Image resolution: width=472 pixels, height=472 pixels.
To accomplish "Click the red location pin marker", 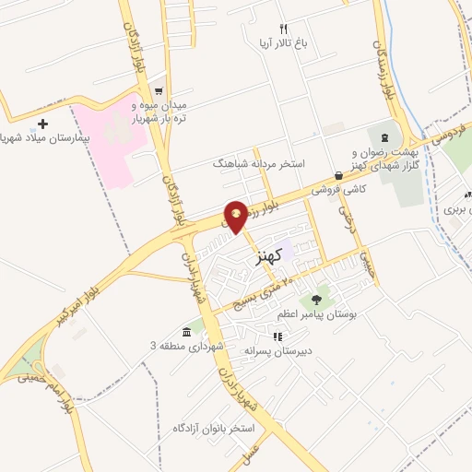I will [x=237, y=216].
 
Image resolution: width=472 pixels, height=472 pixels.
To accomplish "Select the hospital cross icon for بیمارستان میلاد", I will [x=43, y=123].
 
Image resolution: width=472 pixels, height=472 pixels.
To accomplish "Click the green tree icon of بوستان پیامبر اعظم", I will [x=317, y=299].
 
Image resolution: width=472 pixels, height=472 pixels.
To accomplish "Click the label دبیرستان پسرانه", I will [x=277, y=351].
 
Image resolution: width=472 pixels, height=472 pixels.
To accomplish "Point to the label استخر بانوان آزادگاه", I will [x=214, y=429].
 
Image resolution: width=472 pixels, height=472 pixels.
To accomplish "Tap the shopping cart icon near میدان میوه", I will [x=159, y=91].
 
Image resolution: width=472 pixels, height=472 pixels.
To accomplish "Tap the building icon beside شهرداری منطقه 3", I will [x=187, y=332].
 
